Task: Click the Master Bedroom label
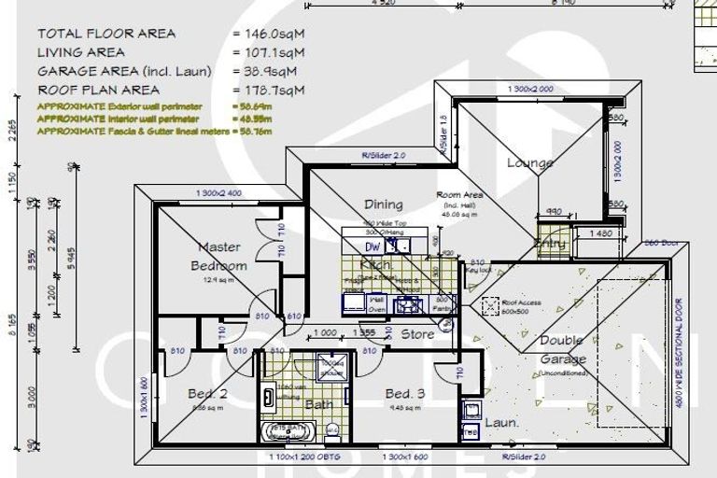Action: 219,256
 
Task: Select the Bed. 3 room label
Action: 405,394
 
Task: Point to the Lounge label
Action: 529,162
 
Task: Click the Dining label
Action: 383,204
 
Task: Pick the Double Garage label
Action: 562,350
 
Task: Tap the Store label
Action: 417,332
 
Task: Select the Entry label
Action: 550,244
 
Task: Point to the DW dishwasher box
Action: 373,246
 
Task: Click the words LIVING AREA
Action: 80,52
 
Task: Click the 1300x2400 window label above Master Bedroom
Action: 220,193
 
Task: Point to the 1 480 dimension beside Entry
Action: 599,233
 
